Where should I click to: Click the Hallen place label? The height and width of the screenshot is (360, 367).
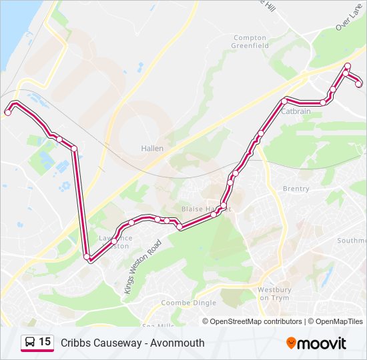click(x=152, y=149)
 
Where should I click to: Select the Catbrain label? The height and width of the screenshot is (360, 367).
click(x=296, y=111)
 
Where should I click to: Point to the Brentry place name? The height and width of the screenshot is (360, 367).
click(x=296, y=189)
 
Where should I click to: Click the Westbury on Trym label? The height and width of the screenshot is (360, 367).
click(x=274, y=293)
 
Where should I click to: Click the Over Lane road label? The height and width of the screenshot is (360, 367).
click(x=348, y=19)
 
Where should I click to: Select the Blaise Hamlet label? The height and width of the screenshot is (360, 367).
click(x=206, y=209)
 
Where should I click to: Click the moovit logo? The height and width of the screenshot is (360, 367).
click(x=316, y=343)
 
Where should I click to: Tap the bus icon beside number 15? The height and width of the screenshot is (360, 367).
click(x=30, y=343)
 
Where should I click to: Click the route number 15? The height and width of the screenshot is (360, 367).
click(x=45, y=343)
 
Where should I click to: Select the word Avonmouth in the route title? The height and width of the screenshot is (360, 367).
click(x=177, y=343)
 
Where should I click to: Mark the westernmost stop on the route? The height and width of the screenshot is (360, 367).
click(x=8, y=113)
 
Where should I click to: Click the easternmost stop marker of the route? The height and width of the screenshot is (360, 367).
click(x=359, y=84)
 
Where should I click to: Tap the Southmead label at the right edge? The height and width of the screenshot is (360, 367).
click(x=352, y=241)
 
